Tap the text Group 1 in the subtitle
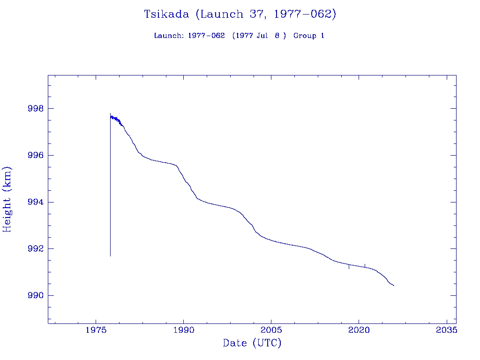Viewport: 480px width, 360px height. point(309,36)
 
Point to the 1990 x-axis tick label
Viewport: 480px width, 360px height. point(184,330)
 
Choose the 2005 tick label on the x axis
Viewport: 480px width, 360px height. point(271,330)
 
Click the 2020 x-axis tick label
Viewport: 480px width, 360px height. point(359,330)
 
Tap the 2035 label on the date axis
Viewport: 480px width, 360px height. point(447,330)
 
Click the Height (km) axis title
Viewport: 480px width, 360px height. point(7,199)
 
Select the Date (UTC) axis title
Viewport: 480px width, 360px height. point(252,344)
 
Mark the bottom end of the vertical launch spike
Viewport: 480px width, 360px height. point(110,256)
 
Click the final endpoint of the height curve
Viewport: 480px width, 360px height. point(394,285)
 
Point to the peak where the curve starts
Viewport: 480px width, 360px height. point(110,113)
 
